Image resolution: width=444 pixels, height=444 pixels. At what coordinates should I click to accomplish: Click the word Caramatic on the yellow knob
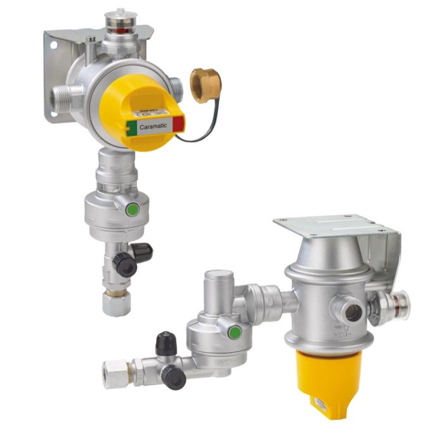point(153,127)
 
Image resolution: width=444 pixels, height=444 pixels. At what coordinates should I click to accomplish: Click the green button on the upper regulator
point(132,209)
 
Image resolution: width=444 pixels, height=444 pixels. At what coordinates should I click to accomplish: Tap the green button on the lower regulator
point(233,332)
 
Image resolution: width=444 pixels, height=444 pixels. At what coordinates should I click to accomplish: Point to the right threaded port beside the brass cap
point(177,89)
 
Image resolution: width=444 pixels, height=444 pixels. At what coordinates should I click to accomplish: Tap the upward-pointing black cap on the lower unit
point(166,344)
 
